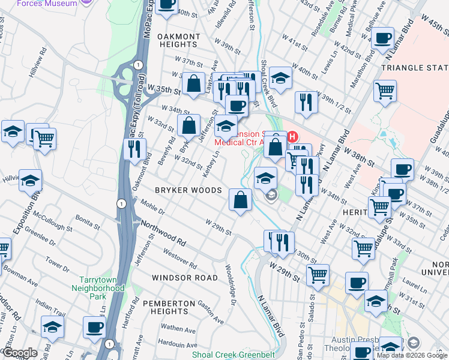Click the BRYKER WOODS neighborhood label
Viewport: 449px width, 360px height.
(188, 190)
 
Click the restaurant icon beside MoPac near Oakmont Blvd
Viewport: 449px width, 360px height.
(134, 148)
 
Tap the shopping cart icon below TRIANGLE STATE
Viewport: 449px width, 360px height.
(385, 91)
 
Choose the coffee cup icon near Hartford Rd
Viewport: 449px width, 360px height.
(94, 327)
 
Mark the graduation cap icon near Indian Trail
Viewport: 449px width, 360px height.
(52, 327)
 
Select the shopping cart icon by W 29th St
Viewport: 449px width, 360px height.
(318, 275)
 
